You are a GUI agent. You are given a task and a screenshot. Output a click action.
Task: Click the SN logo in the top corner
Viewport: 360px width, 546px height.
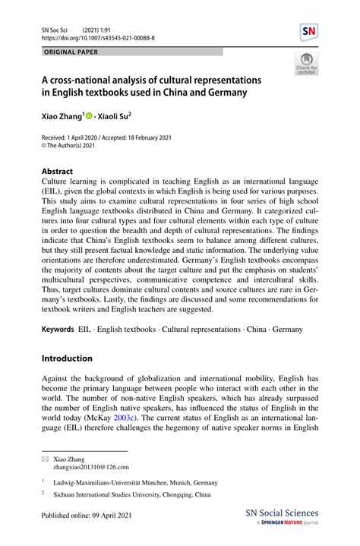tap(309, 32)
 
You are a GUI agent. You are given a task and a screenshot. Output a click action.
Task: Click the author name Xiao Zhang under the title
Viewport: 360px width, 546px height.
tap(63, 118)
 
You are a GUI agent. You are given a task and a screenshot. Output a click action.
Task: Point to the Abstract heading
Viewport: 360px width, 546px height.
tap(57, 172)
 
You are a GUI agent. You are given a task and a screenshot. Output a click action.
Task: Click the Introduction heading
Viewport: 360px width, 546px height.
tap(67, 358)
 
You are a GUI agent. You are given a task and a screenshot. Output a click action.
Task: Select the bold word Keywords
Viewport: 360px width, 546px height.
tap(58, 330)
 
